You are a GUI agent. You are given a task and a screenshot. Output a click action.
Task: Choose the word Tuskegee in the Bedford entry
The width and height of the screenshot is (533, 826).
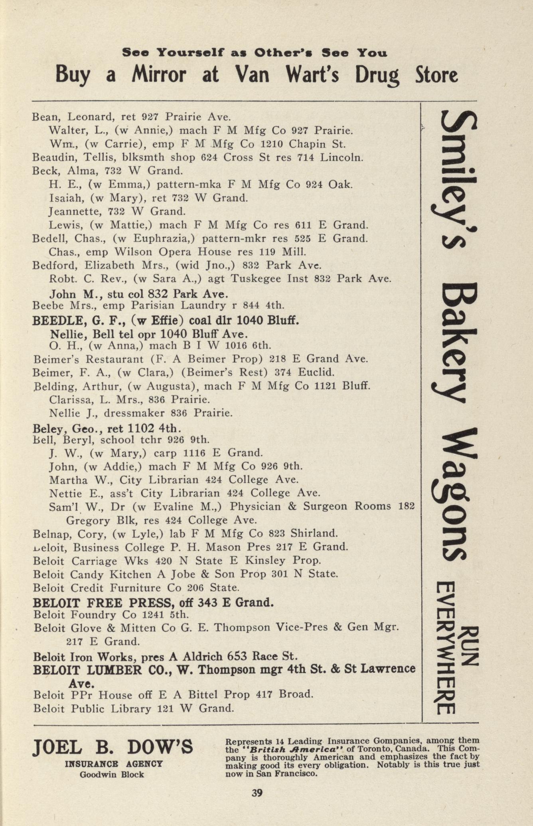point(256,279)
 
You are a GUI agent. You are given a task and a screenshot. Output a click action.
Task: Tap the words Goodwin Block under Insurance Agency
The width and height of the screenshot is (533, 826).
point(112,775)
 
